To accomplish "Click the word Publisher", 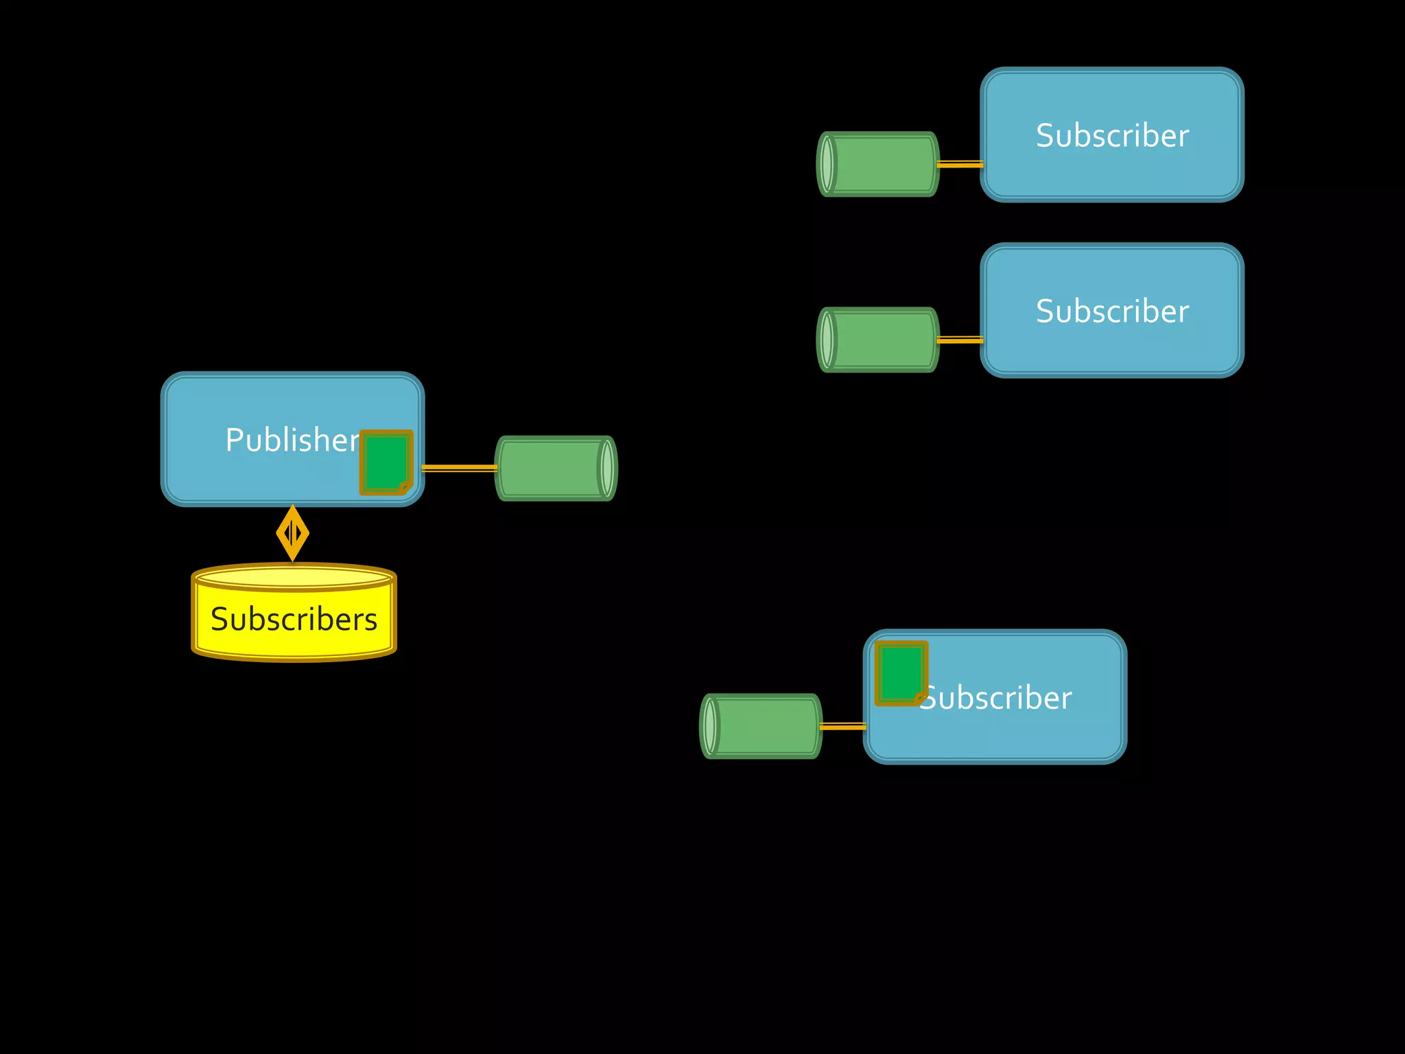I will [x=292, y=440].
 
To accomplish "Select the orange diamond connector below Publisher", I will [x=293, y=533].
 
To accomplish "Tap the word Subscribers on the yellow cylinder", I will [x=294, y=619].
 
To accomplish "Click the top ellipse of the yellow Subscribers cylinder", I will [x=294, y=577].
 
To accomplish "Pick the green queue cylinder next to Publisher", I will [x=552, y=468].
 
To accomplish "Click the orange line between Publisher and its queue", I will [x=459, y=468].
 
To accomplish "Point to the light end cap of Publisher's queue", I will [x=606, y=468].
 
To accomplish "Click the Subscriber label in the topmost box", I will [x=1112, y=135].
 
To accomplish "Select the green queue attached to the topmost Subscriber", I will [x=882, y=164].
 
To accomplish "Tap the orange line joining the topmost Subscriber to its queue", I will [x=960, y=164].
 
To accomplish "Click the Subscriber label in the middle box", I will [x=1112, y=311].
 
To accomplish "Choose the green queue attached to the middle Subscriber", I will [x=882, y=340].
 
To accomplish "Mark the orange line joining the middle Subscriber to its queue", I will [x=960, y=340].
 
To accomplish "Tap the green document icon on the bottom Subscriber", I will [x=901, y=673].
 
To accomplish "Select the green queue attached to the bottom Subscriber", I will [x=765, y=726].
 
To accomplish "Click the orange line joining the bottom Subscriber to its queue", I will [x=843, y=726].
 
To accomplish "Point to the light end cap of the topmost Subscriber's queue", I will [x=827, y=164].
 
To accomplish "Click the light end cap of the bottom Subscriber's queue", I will [x=710, y=726].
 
